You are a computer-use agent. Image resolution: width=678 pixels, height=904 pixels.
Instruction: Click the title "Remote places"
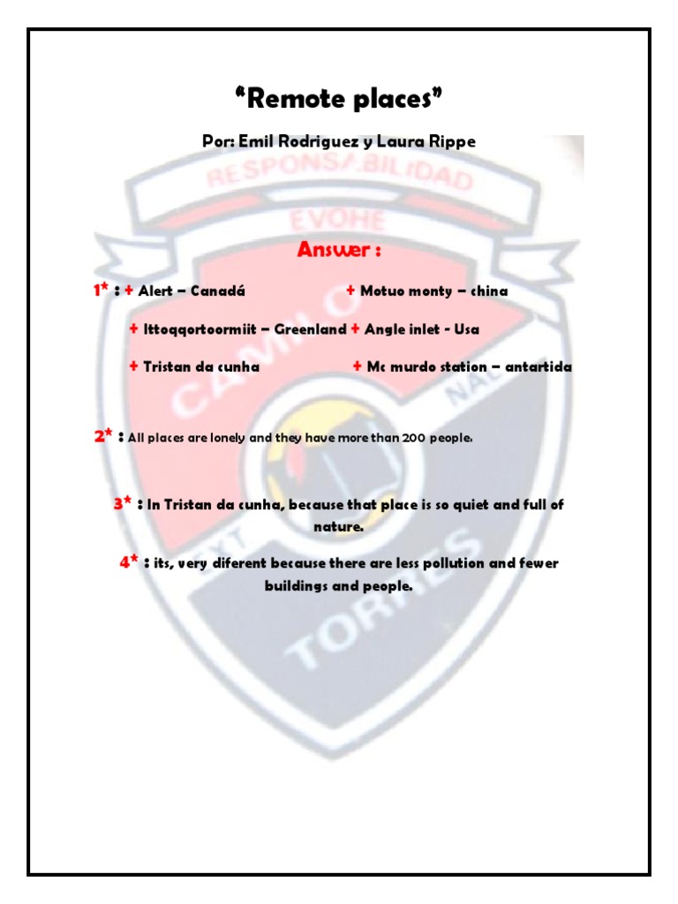338,100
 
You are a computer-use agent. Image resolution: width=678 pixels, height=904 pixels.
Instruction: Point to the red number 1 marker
97,290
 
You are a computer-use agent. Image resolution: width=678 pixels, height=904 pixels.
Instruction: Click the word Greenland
310,329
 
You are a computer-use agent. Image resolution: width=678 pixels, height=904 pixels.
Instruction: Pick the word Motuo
382,290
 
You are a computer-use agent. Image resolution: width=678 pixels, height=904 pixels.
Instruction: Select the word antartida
539,366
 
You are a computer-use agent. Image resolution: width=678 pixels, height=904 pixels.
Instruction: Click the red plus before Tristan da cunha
133,366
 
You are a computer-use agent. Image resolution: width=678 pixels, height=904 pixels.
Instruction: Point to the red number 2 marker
100,435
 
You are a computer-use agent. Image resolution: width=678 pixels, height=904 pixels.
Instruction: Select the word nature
338,527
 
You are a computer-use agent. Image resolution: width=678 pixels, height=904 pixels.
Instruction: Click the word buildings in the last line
297,585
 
